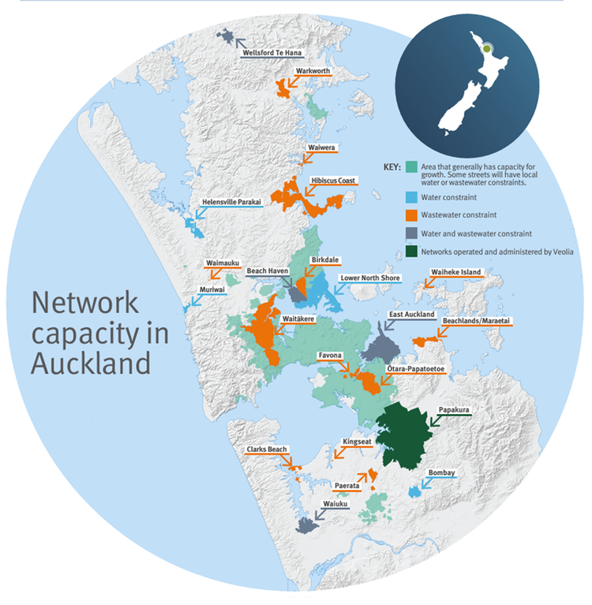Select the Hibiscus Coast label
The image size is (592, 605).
(x=334, y=180)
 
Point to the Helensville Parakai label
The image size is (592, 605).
(x=231, y=202)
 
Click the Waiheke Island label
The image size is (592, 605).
(x=455, y=272)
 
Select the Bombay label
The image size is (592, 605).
(x=440, y=473)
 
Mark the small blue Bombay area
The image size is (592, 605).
(x=414, y=491)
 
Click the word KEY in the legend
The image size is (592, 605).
(x=392, y=167)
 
